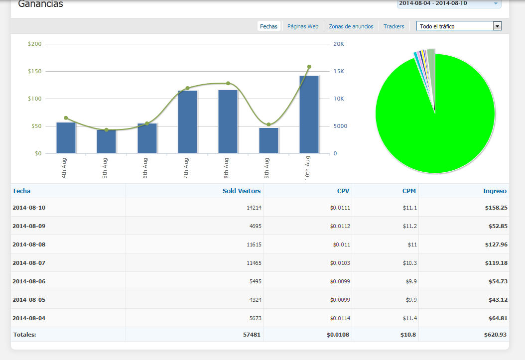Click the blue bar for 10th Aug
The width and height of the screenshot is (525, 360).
point(309,115)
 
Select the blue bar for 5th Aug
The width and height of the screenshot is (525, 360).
point(106,141)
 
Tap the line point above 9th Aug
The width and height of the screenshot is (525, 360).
point(268,124)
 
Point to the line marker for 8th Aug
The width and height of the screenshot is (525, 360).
point(228,83)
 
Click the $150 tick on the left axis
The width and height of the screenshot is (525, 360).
point(35,71)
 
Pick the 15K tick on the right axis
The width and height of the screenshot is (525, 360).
point(339,71)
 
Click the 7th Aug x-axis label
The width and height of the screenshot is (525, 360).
point(186,168)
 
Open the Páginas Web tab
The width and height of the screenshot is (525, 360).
point(303,26)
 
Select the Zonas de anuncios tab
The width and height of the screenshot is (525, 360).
point(351,26)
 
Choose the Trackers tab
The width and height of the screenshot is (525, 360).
point(394,26)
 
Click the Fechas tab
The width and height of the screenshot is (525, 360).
point(269,26)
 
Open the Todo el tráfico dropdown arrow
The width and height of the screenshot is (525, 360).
point(497,26)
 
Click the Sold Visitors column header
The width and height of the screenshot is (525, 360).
point(242,191)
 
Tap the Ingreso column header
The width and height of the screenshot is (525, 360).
point(495,191)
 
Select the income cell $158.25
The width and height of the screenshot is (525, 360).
point(496,208)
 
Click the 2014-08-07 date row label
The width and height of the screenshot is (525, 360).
point(29,263)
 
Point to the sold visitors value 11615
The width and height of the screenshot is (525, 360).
point(254,244)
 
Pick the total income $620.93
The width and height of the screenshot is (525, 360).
point(495,335)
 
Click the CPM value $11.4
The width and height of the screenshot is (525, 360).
point(410,318)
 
